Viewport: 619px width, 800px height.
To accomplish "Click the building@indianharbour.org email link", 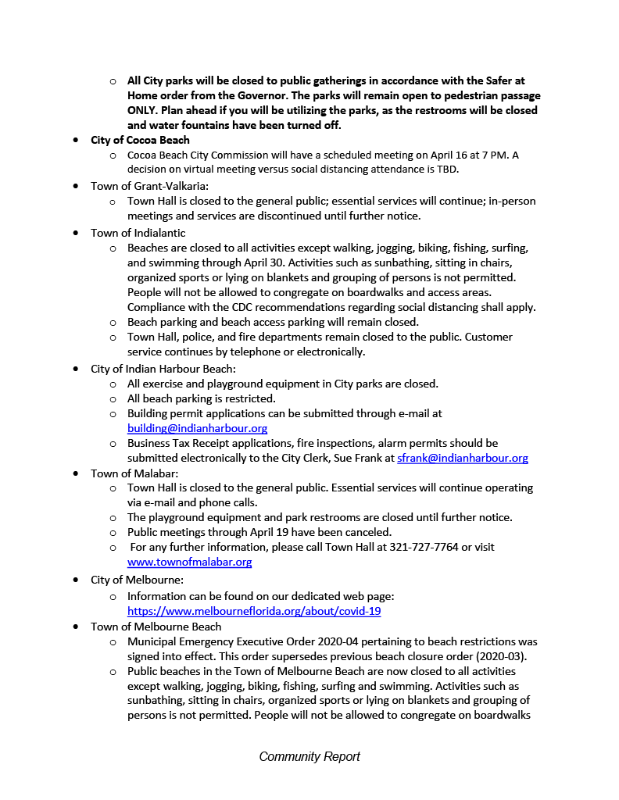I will point(197,428).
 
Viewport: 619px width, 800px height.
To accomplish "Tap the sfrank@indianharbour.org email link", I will point(463,458).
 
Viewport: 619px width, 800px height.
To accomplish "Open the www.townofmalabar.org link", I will point(189,562).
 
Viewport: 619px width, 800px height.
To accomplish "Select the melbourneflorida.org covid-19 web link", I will point(254,611).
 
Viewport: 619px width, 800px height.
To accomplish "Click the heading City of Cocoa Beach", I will point(140,140).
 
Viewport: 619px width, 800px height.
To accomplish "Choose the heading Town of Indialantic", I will point(138,232).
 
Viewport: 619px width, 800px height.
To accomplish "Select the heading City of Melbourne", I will point(137,580).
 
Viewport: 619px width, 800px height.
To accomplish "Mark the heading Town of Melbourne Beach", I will point(156,626).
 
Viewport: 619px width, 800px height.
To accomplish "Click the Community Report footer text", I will point(309,756).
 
